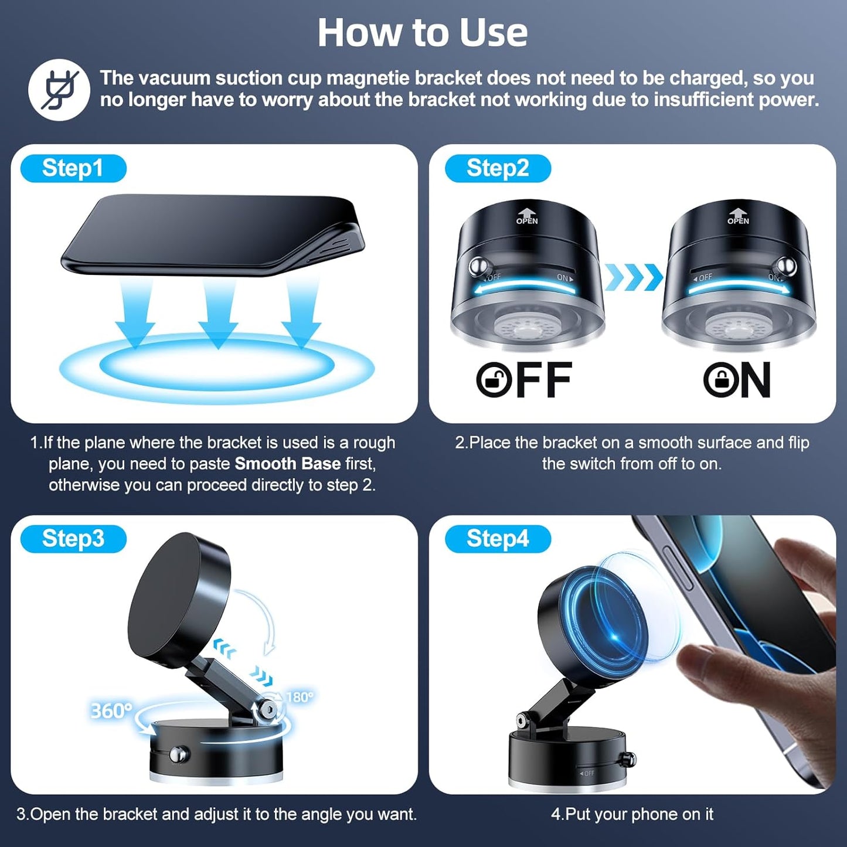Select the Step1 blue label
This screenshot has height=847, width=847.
(73, 169)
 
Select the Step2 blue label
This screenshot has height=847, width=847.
(498, 169)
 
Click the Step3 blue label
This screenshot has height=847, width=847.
(73, 539)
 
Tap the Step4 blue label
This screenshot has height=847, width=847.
(498, 539)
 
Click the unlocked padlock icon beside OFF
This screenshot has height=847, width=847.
(494, 380)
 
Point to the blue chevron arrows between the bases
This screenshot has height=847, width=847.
(633, 277)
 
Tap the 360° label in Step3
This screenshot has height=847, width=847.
(111, 710)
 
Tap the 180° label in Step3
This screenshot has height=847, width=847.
(300, 697)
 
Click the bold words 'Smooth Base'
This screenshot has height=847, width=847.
(287, 464)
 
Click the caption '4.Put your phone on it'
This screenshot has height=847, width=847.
(632, 814)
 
